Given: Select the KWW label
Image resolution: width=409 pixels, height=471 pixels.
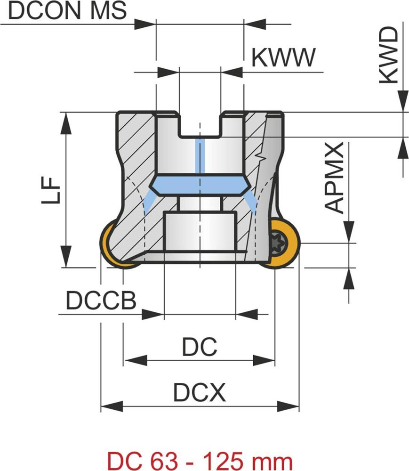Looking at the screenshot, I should tap(283, 58).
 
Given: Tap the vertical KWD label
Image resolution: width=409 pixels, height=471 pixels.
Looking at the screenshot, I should tap(389, 56).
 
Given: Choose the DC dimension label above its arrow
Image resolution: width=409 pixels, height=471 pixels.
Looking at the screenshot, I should tap(200, 347).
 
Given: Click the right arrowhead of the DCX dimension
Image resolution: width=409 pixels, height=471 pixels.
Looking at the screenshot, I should tap(288, 406).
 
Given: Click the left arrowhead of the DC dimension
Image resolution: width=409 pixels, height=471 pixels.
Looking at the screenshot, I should tap(134, 361).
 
